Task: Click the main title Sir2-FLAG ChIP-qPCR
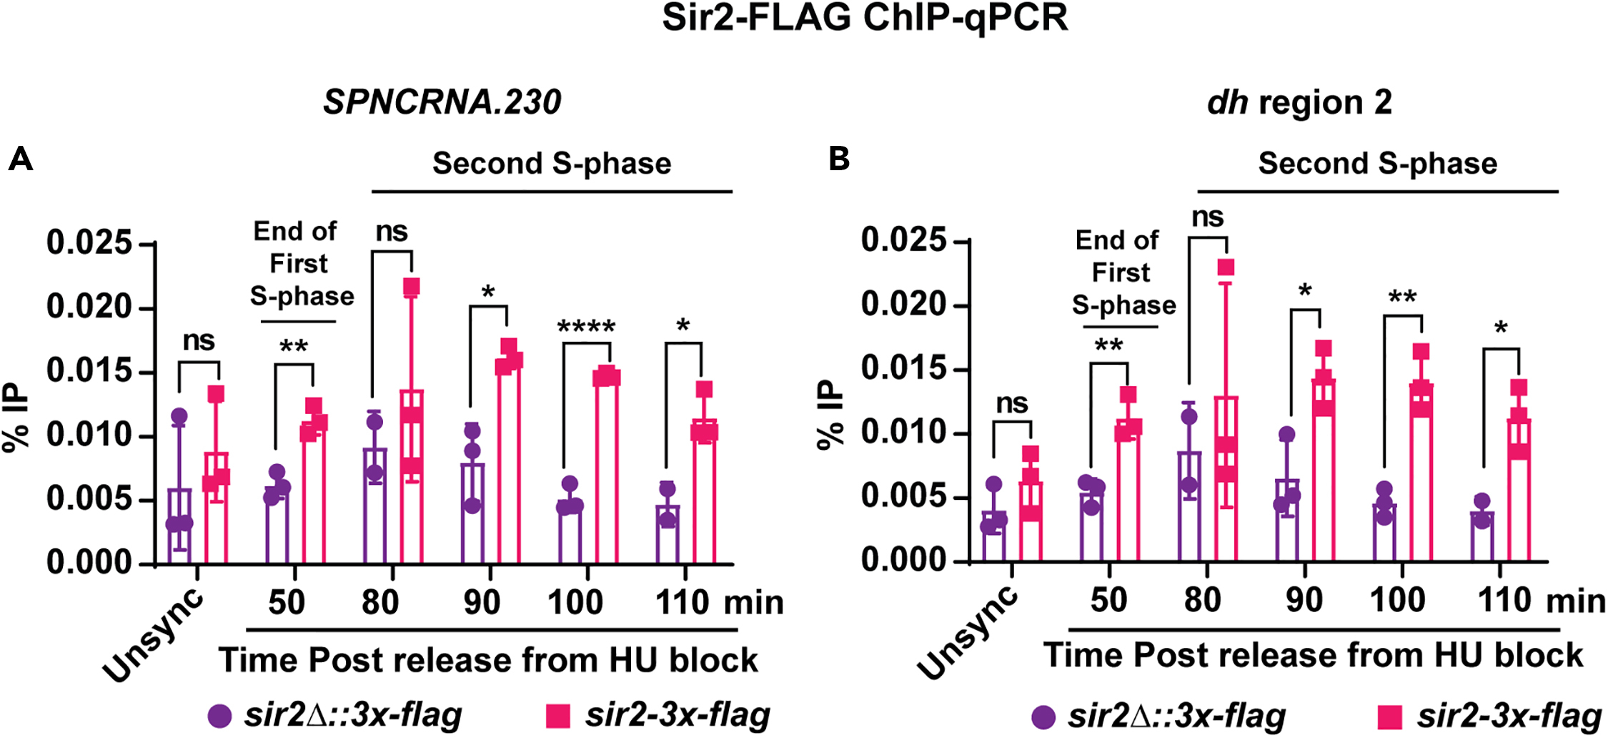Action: [865, 19]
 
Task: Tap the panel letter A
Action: [20, 159]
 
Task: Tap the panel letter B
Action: [839, 159]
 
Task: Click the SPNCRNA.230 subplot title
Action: [442, 102]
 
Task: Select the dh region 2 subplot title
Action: [1299, 102]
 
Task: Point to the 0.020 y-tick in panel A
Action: [90, 307]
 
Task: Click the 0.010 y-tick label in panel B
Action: [904, 432]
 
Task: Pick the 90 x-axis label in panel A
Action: [482, 602]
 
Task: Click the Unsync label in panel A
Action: [154, 636]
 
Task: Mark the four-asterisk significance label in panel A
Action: [586, 328]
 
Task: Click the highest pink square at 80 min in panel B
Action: [1226, 267]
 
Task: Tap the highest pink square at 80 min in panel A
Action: [412, 287]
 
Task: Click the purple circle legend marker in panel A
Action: [220, 716]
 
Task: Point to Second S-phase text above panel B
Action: [1377, 164]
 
